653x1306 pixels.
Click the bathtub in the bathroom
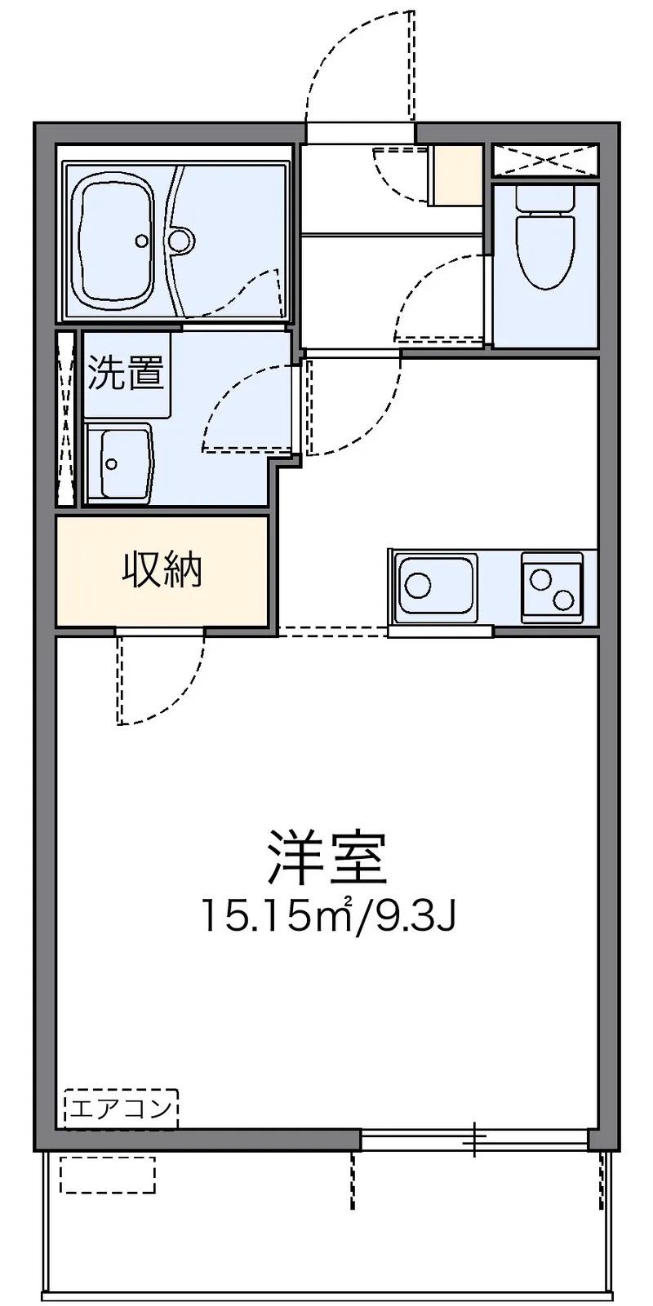tap(117, 240)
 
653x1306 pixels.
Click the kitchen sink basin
tap(437, 585)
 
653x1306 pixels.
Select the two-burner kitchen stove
tap(552, 587)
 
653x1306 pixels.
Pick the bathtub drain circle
tap(141, 240)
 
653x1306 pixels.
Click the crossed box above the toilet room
tap(545, 160)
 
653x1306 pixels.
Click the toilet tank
tap(544, 199)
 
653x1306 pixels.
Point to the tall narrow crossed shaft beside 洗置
tap(66, 418)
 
